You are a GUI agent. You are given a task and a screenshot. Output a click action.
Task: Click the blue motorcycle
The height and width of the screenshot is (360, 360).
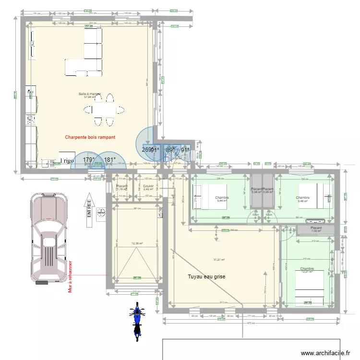coord(137,321)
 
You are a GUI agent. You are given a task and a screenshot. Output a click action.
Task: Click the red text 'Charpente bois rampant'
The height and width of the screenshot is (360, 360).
coord(90,137)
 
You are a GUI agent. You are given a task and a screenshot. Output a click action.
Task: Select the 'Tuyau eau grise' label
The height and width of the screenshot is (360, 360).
coord(206,276)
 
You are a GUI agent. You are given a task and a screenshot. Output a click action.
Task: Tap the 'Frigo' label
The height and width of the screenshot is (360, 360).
coord(67,161)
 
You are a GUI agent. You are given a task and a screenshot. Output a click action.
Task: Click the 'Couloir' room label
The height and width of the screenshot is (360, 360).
coord(148,186)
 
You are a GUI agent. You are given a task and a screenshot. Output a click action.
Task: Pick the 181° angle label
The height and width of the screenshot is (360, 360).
coord(110,160)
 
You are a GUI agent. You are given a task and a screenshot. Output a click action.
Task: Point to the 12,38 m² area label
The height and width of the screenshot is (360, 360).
coord(138,243)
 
